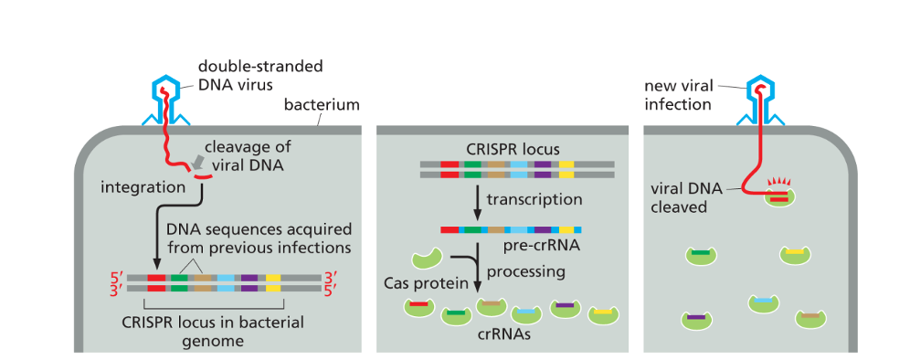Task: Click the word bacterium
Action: tap(322, 105)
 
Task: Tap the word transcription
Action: tap(534, 199)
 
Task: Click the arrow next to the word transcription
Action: tap(476, 200)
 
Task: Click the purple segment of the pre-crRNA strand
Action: tap(544, 229)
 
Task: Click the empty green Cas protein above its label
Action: tap(427, 260)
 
